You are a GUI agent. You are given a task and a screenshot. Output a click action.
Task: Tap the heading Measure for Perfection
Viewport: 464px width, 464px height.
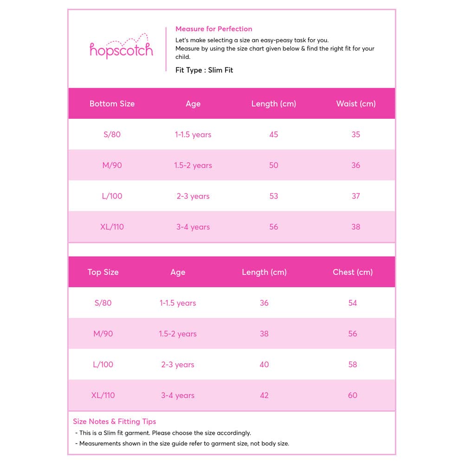click(x=214, y=29)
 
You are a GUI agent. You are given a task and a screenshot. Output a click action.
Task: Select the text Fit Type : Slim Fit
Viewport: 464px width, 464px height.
click(x=204, y=70)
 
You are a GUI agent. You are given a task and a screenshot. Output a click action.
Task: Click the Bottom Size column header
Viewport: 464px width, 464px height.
click(x=112, y=103)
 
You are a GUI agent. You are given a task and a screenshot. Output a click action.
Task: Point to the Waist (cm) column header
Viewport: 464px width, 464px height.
click(x=356, y=103)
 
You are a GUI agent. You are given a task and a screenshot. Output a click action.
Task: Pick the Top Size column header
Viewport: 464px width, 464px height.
click(x=103, y=272)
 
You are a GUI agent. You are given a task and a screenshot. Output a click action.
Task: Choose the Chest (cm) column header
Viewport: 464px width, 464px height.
click(x=353, y=272)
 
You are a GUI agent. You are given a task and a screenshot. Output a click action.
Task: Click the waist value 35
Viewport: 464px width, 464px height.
click(x=356, y=135)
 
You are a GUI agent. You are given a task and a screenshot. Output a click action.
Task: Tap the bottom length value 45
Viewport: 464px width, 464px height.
click(x=274, y=135)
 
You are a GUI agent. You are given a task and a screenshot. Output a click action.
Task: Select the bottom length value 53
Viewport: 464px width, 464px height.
click(x=274, y=196)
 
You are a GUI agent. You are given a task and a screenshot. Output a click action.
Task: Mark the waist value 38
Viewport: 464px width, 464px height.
click(x=356, y=227)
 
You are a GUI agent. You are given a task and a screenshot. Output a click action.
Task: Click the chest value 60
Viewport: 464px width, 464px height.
click(x=353, y=395)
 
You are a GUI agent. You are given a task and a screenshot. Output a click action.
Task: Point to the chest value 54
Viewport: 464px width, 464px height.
click(x=353, y=303)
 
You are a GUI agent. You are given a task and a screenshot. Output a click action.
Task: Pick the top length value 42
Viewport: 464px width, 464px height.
click(x=264, y=395)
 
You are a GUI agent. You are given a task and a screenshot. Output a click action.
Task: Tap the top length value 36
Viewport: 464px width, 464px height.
click(x=264, y=303)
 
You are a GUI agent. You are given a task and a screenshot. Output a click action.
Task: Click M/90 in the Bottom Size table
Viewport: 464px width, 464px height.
click(x=112, y=165)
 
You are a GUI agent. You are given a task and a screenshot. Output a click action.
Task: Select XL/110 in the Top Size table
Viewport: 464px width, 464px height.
click(x=103, y=395)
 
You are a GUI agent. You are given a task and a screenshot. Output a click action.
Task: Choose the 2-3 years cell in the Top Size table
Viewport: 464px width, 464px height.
click(x=178, y=364)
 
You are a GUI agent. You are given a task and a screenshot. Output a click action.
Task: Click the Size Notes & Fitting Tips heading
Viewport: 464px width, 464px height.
click(x=115, y=421)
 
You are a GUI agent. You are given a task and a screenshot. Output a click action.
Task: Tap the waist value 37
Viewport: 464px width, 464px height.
click(x=356, y=196)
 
